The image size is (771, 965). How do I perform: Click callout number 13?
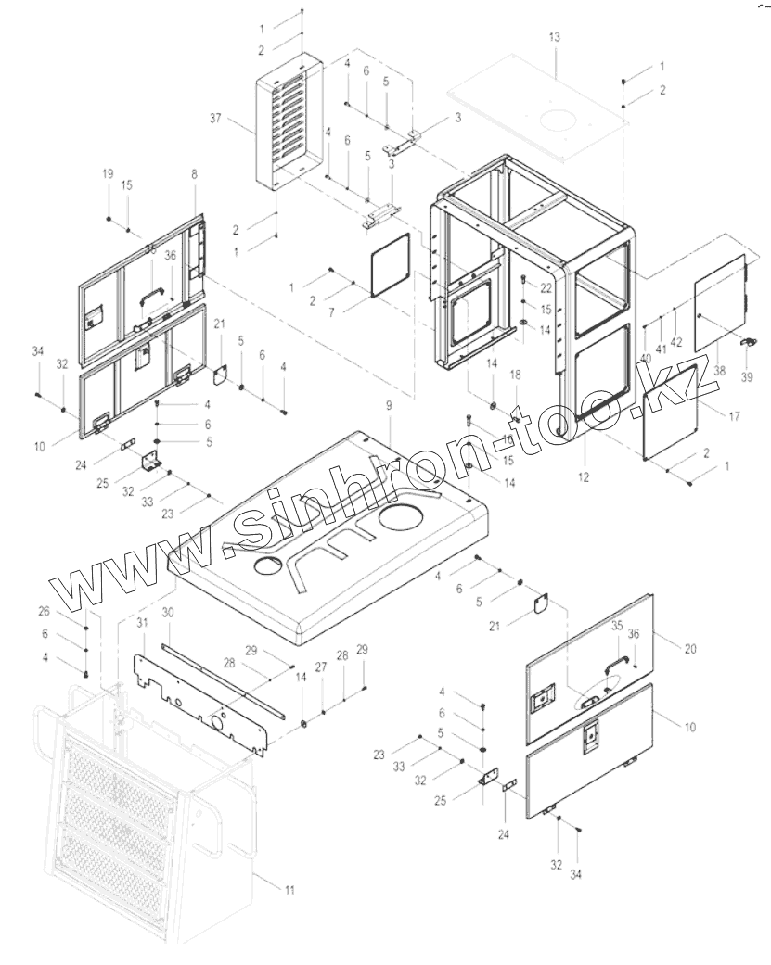[x=555, y=36]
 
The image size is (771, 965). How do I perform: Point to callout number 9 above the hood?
[x=389, y=406]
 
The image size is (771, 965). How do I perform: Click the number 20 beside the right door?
[x=689, y=648]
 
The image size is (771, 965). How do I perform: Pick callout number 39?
[x=748, y=377]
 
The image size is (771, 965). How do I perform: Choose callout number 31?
[x=143, y=620]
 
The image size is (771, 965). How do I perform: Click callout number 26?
[x=43, y=611]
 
